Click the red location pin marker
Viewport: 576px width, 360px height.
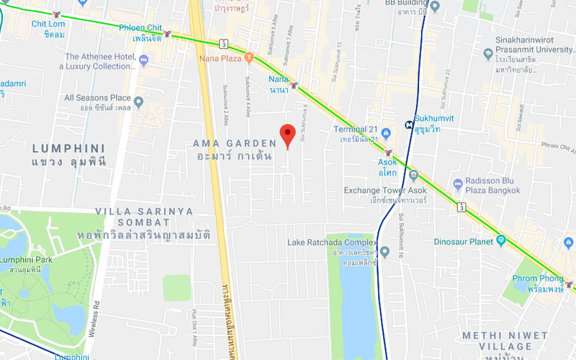tap(287, 134)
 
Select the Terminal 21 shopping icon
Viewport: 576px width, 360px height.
tap(387, 134)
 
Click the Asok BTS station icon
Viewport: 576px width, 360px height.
tap(389, 153)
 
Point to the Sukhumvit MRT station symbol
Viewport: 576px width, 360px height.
tap(410, 124)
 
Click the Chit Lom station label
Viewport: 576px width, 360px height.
tap(48, 29)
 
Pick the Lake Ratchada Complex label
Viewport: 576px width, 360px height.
tap(332, 243)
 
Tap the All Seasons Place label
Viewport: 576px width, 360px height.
tap(97, 98)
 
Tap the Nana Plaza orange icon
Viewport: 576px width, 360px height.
tap(249, 56)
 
